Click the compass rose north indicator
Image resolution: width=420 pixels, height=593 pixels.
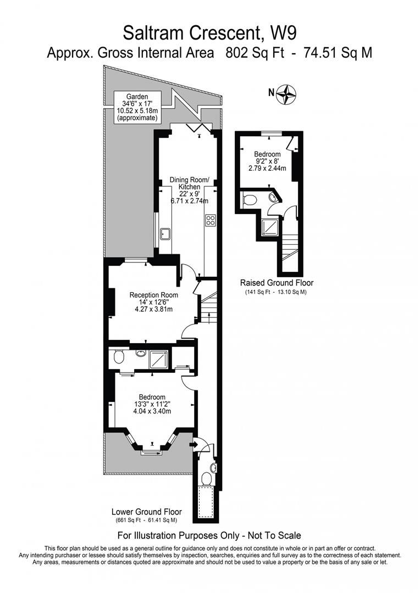click(x=286, y=94)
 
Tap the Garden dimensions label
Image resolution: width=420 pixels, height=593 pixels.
click(x=137, y=107)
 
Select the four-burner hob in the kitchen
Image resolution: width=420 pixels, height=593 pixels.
click(x=210, y=221)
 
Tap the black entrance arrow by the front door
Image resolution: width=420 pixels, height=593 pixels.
click(x=194, y=444)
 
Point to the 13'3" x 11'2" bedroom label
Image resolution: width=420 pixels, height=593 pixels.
click(x=152, y=404)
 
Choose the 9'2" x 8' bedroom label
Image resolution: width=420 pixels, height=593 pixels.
click(x=267, y=161)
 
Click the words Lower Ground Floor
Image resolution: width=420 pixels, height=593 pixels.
click(x=146, y=511)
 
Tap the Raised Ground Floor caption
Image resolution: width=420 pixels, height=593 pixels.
click(x=277, y=283)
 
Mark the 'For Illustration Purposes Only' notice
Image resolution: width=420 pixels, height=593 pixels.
click(x=209, y=535)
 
